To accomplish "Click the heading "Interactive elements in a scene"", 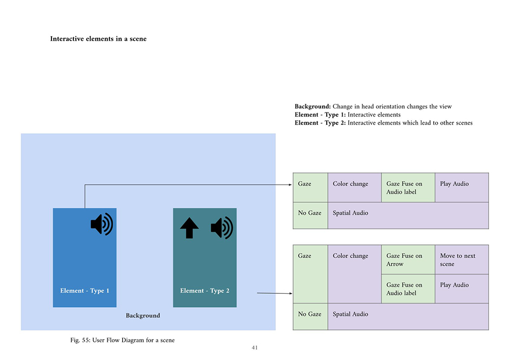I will click(x=98, y=39).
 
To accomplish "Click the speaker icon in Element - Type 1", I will click(x=102, y=224).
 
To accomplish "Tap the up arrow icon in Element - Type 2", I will click(x=189, y=228).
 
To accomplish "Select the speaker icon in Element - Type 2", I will click(x=221, y=228).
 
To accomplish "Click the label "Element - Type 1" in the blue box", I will click(x=84, y=291).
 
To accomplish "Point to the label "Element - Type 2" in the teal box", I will click(x=205, y=291).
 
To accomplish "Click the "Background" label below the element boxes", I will click(x=143, y=316).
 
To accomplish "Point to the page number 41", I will click(x=254, y=348).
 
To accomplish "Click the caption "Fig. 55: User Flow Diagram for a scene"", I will click(x=122, y=340).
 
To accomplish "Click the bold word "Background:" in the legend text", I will click(x=313, y=106).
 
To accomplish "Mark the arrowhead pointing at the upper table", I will click(x=290, y=185).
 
